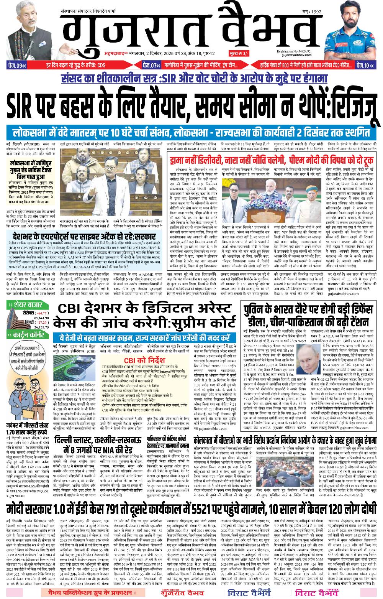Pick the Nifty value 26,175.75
tap(43, 327)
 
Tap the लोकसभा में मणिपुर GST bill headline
tap(31, 167)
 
